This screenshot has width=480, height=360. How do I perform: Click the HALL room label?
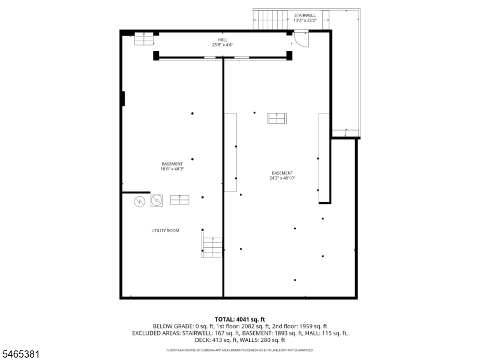[223, 40]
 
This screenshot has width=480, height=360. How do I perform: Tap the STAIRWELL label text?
[305, 16]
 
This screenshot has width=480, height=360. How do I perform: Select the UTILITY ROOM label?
[166, 230]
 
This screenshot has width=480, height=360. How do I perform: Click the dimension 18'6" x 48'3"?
[172, 169]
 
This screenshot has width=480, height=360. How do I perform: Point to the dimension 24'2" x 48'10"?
[282, 178]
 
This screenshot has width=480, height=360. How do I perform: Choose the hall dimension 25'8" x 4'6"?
[223, 45]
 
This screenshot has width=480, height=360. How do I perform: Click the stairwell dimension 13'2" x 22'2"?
[305, 20]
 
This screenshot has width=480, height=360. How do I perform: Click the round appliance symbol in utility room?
[139, 202]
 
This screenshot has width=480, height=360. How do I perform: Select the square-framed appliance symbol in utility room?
[157, 200]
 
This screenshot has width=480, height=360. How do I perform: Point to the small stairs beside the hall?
[143, 39]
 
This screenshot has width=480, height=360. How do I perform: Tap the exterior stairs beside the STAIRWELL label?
[271, 20]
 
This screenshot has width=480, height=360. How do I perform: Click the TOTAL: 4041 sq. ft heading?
[239, 320]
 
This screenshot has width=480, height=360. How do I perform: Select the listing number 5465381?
[20, 354]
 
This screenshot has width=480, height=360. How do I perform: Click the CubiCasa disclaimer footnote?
[239, 350]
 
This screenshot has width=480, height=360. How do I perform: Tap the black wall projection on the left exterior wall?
[123, 98]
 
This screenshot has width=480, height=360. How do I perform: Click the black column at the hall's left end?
[156, 56]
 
